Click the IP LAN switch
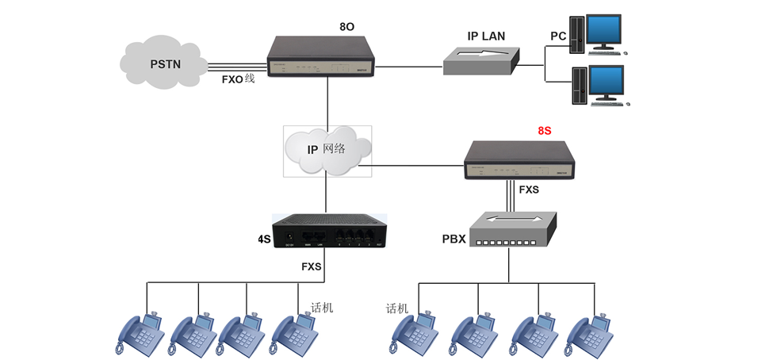click(x=481, y=61)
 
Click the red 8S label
click(x=544, y=131)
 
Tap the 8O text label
click(x=346, y=27)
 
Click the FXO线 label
click(x=238, y=79)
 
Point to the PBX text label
click(x=454, y=239)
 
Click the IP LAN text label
click(x=485, y=36)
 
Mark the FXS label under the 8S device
click(x=529, y=190)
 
